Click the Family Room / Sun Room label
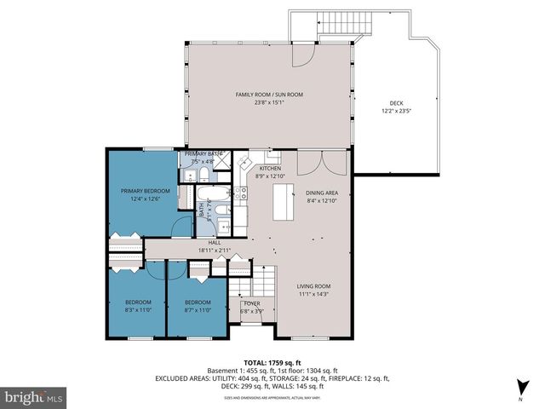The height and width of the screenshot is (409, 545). pos(270,94)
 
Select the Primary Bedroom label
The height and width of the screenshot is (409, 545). pos(145,190)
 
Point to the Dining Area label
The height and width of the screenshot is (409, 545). pos(322,193)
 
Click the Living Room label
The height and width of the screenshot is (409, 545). pos(313,286)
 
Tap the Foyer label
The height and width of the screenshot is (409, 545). pos(252,302)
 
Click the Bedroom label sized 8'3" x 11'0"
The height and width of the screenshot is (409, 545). pos(138,302)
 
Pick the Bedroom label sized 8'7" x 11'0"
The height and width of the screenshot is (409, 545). pos(198,302)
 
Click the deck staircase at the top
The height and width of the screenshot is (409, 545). pos(331,25)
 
